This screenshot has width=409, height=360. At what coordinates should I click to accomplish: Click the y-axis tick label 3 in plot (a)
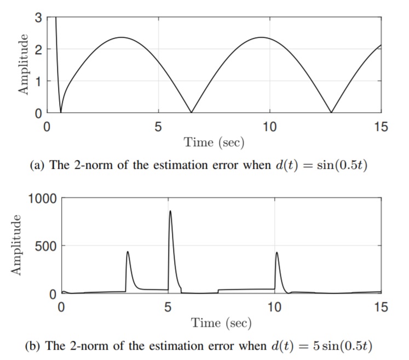(x=38, y=17)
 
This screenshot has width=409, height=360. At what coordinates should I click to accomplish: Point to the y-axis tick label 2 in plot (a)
(x=38, y=49)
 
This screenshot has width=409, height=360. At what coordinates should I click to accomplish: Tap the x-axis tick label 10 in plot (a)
(x=269, y=128)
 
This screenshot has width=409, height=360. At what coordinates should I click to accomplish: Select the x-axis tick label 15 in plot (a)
(x=381, y=128)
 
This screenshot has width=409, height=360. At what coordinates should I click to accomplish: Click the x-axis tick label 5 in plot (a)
(x=158, y=128)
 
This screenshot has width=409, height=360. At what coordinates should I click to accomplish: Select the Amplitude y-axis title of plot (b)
(x=16, y=245)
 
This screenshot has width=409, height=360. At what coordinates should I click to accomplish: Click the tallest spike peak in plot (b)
(x=170, y=211)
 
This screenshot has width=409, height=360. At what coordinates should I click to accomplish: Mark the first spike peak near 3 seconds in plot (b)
(x=128, y=252)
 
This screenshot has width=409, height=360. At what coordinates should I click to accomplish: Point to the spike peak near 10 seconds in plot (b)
(x=276, y=253)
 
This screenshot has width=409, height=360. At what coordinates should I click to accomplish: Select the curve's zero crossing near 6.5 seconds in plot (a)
(x=191, y=112)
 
